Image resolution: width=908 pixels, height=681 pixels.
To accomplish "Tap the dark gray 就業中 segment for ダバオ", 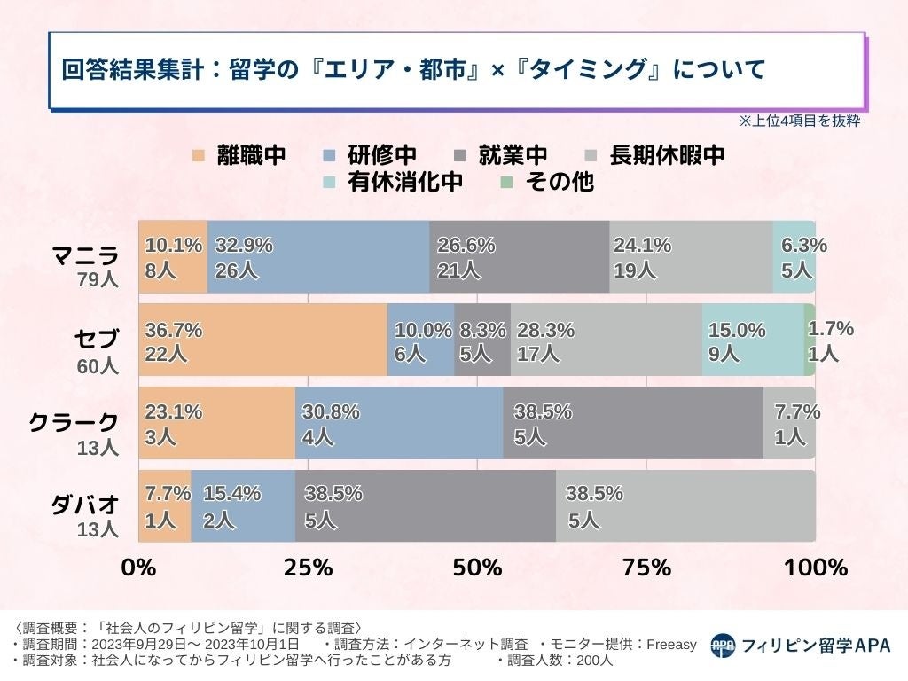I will tap(426, 505).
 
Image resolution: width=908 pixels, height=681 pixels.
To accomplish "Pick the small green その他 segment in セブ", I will tap(809, 340).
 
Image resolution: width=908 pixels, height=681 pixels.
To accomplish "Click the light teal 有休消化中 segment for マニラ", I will tap(794, 256).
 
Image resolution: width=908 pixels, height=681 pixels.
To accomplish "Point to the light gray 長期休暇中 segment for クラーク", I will tap(789, 423).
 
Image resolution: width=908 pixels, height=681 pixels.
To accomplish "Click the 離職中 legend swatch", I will tap(198, 155).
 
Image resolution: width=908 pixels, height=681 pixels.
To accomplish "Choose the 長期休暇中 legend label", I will tap(667, 155).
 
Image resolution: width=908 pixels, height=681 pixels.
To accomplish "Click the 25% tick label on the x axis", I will tap(309, 567).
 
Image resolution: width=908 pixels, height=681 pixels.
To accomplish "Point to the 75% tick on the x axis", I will tap(646, 567).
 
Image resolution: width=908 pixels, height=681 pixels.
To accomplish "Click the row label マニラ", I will tap(85, 257).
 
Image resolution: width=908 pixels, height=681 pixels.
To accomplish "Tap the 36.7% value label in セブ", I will tap(174, 330).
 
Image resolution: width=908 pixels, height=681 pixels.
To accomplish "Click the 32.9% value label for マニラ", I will tap(244, 246).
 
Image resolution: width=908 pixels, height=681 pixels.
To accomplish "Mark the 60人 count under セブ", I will tap(98, 365).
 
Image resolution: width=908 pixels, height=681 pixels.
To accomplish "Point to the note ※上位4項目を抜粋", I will tap(799, 121).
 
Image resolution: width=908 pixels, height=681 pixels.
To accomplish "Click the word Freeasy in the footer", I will tap(671, 644).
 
